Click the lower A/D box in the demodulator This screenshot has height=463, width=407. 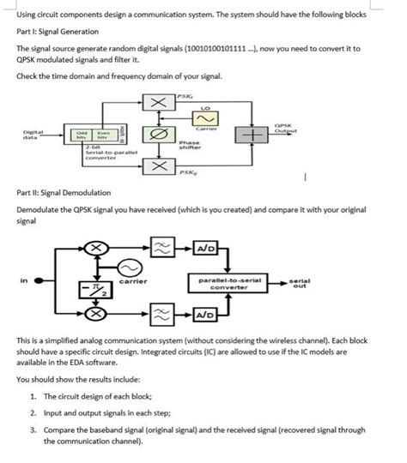pos(209,315)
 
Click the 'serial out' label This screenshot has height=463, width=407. pos(300,282)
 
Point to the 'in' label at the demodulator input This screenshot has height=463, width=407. pos(24,279)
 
